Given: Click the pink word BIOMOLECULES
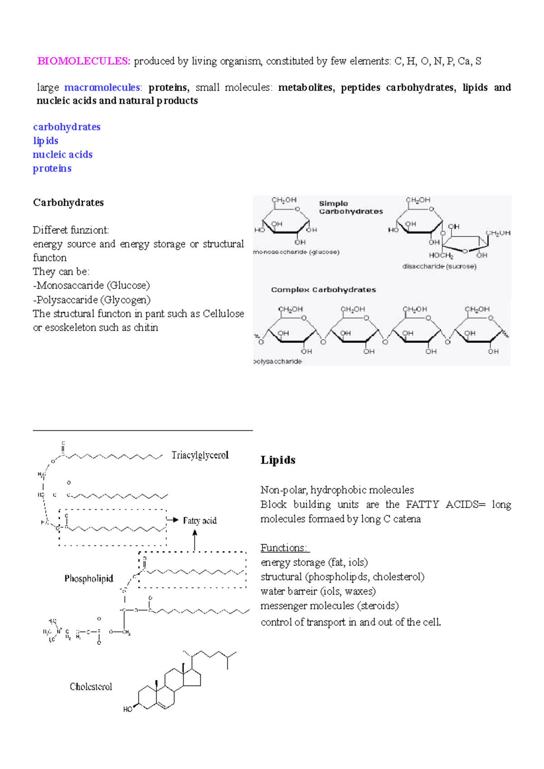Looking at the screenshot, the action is click(83, 61).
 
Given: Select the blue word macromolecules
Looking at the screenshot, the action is click(102, 87).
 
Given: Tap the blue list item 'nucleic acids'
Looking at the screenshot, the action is click(63, 154).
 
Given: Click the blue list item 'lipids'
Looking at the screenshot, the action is click(45, 141).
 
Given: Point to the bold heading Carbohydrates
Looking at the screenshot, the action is click(68, 202).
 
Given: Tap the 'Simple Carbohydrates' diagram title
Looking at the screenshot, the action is click(350, 207).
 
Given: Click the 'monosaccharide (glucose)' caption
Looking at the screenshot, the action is click(296, 252).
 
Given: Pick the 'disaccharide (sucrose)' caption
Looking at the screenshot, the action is click(439, 266).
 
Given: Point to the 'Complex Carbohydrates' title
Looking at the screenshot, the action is click(323, 290).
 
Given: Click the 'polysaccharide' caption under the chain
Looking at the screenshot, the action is click(277, 361).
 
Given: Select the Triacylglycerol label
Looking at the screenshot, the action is click(200, 455).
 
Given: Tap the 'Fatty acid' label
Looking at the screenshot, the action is click(200, 521).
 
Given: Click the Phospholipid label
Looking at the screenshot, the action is click(89, 579).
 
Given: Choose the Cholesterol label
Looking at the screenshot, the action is click(91, 687).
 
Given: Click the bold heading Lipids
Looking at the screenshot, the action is click(278, 460).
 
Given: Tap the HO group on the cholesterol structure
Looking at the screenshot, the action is click(128, 709).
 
